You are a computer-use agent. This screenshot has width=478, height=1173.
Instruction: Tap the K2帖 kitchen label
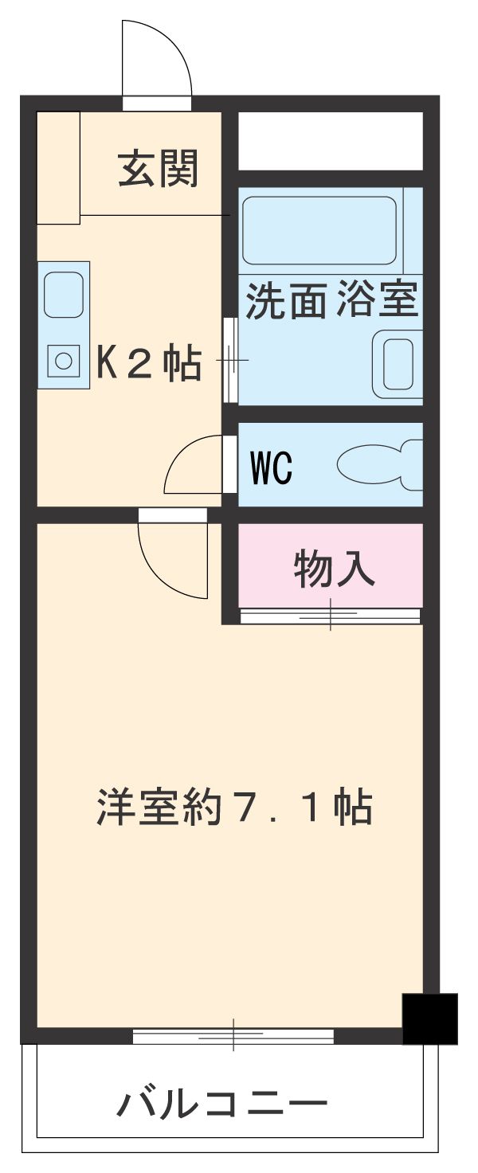(149, 364)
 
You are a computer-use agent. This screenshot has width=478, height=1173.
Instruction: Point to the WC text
(272, 468)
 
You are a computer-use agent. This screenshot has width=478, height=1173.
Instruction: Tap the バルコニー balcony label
(222, 1105)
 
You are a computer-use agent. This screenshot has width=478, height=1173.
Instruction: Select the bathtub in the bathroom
(319, 230)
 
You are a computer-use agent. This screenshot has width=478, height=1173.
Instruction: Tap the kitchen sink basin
(64, 295)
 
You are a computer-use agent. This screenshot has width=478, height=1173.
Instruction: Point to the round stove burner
(64, 361)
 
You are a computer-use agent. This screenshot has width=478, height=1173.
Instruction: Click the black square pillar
(429, 1018)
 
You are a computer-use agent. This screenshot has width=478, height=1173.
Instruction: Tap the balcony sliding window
(233, 1036)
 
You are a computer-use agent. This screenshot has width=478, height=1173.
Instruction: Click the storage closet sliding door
(330, 615)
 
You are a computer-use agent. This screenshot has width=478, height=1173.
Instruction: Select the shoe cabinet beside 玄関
(58, 167)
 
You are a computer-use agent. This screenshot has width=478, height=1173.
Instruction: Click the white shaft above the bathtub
(330, 140)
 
